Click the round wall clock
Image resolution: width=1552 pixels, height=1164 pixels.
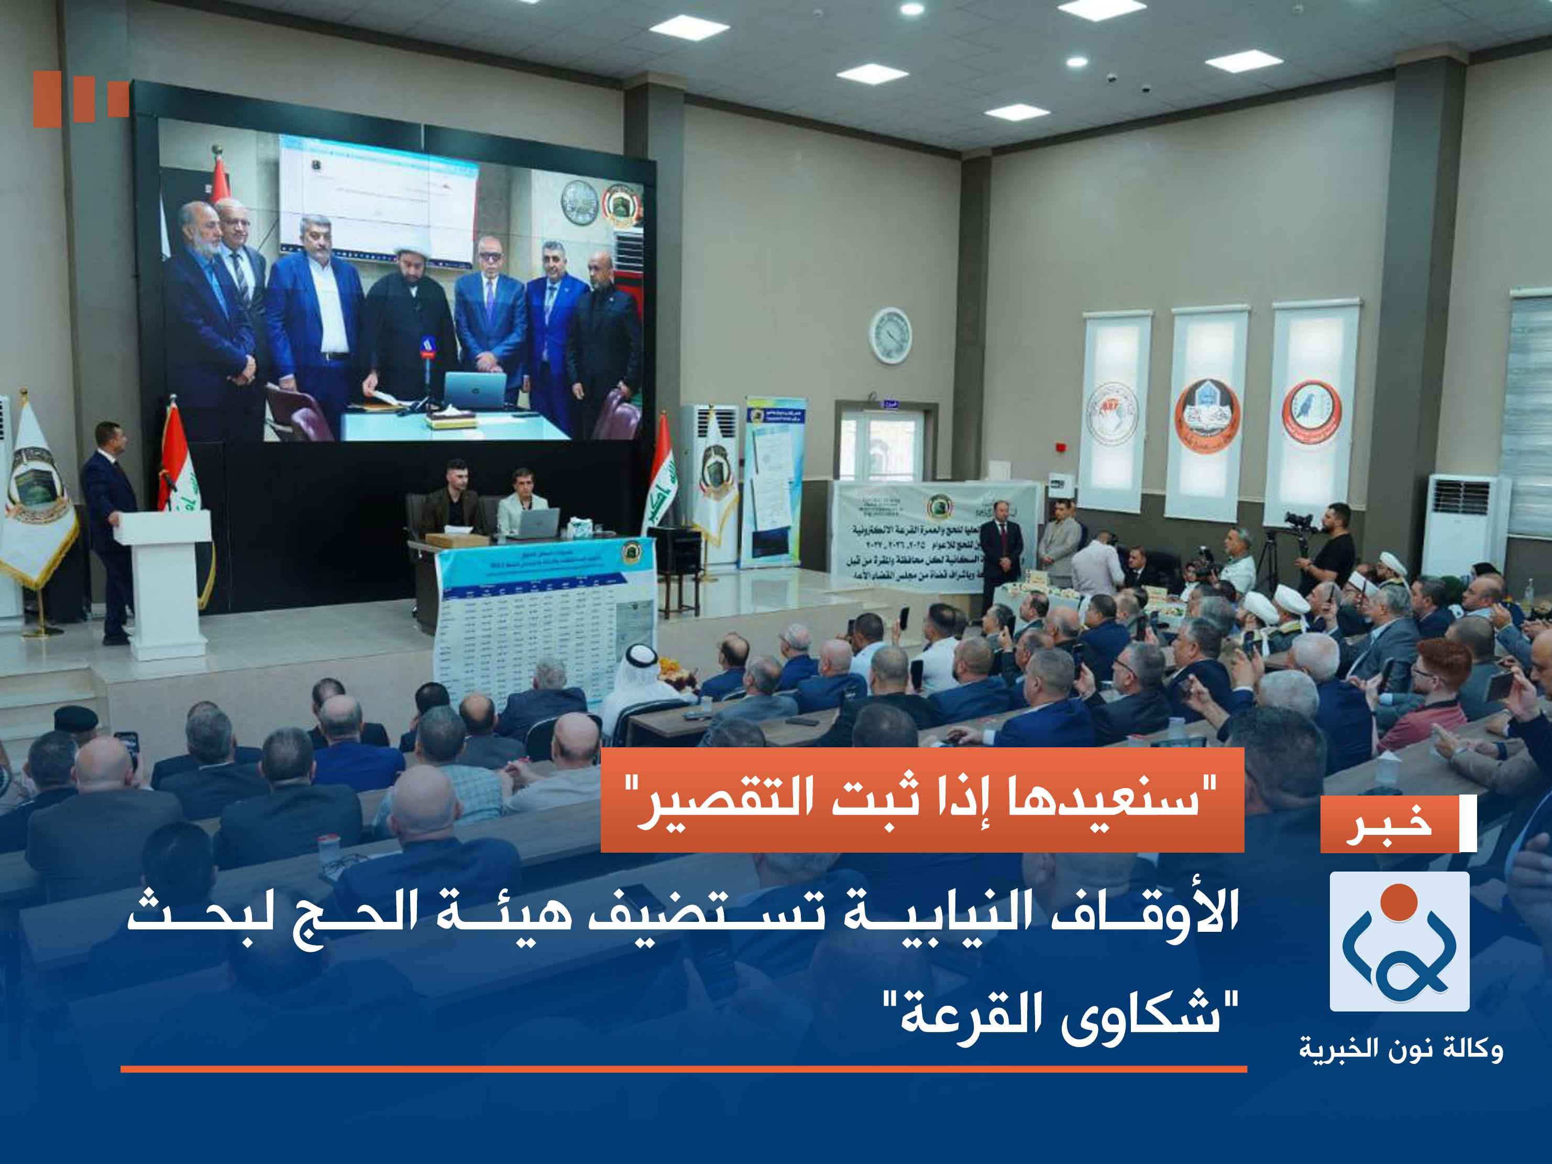pos(890,335)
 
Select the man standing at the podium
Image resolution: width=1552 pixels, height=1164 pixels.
pos(109,527)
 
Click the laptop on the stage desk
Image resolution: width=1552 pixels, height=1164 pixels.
pos(537,524)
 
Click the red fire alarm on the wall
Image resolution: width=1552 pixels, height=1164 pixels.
pos(1061,447)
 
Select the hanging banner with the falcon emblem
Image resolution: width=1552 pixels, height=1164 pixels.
pos(1311,414)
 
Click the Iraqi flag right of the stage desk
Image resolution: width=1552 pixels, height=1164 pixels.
pos(659,477)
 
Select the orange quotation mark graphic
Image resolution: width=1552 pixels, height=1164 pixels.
pos(80,99)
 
